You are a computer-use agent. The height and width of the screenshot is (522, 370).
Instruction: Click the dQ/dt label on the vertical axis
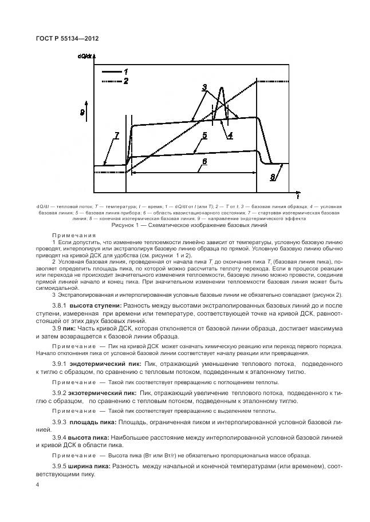click(86, 57)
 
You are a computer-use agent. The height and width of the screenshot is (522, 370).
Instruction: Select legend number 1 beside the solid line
click(124, 71)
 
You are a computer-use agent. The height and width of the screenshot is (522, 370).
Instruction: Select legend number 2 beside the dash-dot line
click(125, 82)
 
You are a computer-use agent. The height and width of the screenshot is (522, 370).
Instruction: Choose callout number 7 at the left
click(116, 136)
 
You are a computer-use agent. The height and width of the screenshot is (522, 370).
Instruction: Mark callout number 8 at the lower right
click(272, 178)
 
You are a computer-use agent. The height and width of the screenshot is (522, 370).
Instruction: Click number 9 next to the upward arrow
click(83, 113)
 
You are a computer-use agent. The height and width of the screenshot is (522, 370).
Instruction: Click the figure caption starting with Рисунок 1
click(185, 225)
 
